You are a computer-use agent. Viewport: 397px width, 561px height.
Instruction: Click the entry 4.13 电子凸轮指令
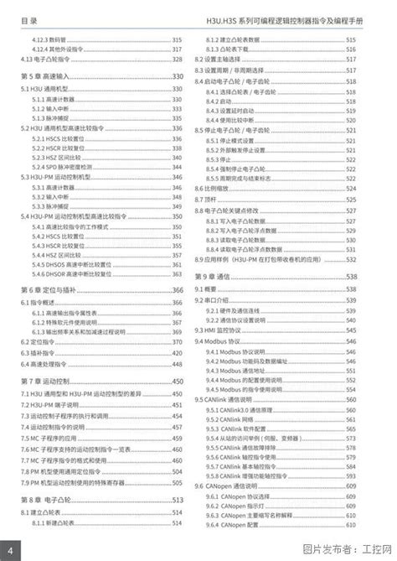click(x=51, y=60)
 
